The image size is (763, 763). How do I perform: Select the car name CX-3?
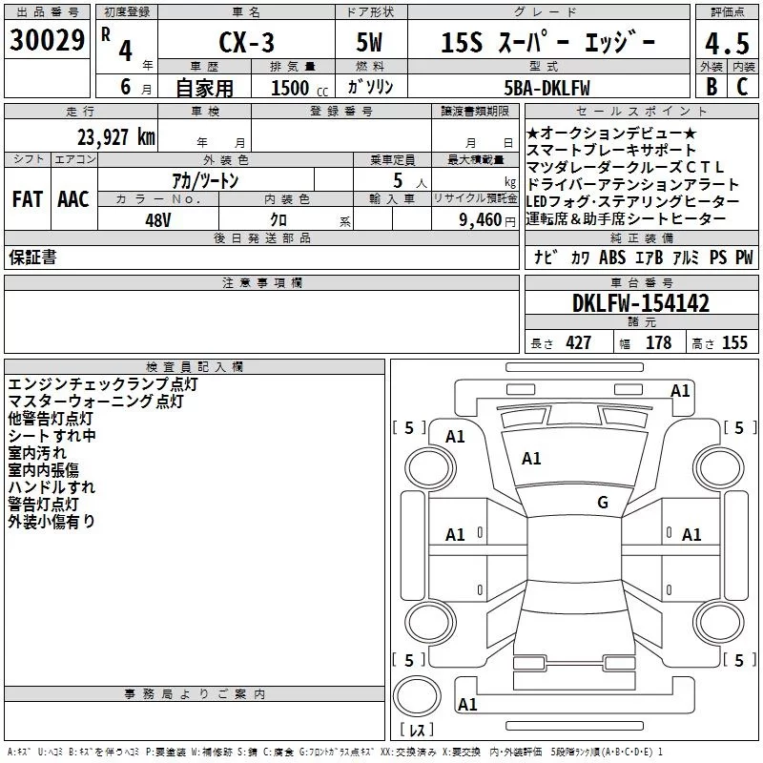(x=243, y=43)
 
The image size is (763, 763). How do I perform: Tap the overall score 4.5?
(x=727, y=43)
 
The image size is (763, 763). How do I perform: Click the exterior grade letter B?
(x=711, y=87)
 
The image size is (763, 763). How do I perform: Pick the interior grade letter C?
(x=742, y=87)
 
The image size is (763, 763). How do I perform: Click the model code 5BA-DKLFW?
(x=546, y=88)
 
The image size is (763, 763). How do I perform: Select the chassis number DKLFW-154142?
(x=641, y=303)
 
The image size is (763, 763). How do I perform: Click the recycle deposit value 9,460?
(x=482, y=219)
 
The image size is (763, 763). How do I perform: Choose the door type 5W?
(x=371, y=43)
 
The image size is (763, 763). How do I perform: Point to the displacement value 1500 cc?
(x=290, y=88)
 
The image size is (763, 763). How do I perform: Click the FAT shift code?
(x=27, y=198)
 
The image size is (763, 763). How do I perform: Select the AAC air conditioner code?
(x=73, y=198)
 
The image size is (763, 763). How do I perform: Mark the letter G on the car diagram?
(x=602, y=503)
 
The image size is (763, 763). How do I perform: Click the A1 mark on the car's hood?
(x=531, y=459)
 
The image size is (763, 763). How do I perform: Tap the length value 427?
(x=578, y=343)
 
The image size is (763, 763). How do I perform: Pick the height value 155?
(x=734, y=343)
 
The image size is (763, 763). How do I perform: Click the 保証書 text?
(x=31, y=258)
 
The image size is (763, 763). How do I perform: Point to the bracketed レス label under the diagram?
(x=417, y=732)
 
